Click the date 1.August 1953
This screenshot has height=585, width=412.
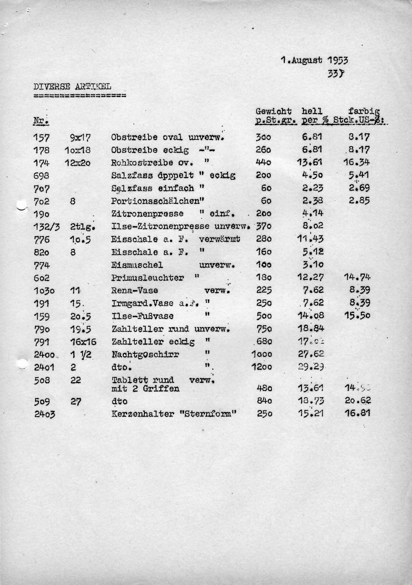click(x=314, y=60)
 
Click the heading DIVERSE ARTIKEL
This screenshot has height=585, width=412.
click(x=72, y=86)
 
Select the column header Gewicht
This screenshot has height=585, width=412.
click(x=274, y=111)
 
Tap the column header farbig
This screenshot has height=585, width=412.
click(x=364, y=111)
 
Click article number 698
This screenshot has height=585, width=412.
click(x=42, y=175)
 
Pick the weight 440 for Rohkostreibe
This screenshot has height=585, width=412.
click(x=264, y=163)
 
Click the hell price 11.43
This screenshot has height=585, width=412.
click(x=310, y=239)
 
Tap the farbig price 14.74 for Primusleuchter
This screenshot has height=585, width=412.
click(x=357, y=277)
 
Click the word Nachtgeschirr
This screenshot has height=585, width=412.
click(x=145, y=354)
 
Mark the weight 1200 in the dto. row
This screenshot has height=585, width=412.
click(x=262, y=367)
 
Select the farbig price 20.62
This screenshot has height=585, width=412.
click(x=357, y=401)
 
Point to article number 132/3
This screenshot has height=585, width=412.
click(x=46, y=227)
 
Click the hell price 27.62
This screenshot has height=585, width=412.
click(x=311, y=354)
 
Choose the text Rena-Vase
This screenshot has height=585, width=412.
click(x=134, y=290)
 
